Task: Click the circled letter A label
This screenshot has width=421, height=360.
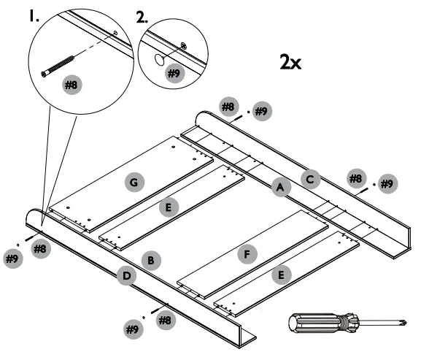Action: (x=278, y=188)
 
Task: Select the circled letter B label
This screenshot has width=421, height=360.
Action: (x=150, y=259)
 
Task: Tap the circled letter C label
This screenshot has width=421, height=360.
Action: (x=311, y=177)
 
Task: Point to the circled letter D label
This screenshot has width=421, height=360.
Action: (x=125, y=275)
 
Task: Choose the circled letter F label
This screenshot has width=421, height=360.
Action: (x=248, y=254)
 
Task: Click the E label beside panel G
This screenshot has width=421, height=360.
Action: (x=169, y=207)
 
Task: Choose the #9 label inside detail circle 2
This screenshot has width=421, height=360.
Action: (x=174, y=73)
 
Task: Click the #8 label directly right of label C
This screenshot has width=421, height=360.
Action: (x=355, y=178)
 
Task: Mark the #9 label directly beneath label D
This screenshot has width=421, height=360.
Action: (x=132, y=329)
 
